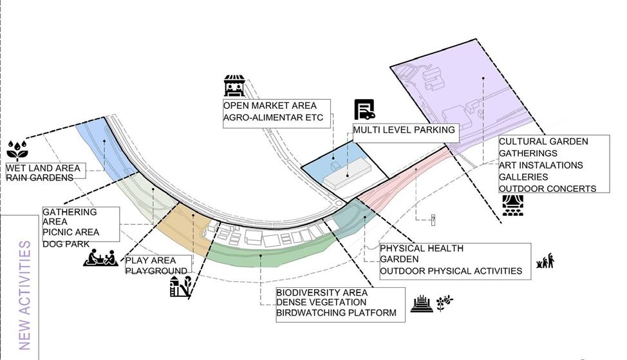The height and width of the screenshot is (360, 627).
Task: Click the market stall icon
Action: coord(234,86)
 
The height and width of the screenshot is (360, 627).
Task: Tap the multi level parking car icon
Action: coord(364,110)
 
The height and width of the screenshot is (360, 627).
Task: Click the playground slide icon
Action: coord(181,287)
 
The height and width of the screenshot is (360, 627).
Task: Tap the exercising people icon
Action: coord(545,261)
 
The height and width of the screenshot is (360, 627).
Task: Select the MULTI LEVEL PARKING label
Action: coord(404,130)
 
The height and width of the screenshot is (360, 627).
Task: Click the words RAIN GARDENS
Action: coord(40,178)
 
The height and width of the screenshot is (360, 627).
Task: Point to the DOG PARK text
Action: coord(67,244)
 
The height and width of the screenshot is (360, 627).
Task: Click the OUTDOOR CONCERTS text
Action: coord(547,189)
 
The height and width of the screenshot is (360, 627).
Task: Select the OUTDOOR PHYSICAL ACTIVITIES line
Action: coord(451,271)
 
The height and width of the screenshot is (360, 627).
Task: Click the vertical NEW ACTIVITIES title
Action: coord(25,295)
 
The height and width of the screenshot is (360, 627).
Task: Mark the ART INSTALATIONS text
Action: coord(541,165)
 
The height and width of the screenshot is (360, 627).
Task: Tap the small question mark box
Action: coord(433,220)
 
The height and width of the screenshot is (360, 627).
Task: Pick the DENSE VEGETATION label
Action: coord(321,302)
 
